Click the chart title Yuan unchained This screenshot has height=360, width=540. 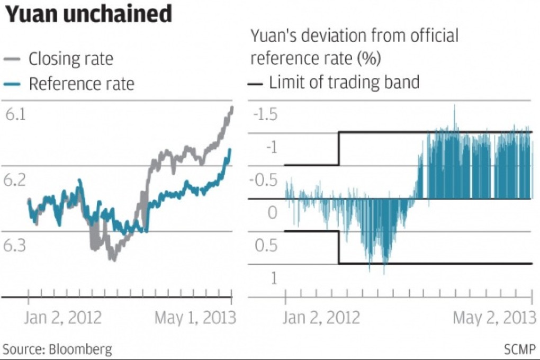89,15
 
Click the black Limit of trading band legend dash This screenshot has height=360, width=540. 256,82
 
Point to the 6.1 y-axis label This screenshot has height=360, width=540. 16,115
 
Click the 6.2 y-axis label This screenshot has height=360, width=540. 16,181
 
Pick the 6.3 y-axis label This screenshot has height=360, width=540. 16,246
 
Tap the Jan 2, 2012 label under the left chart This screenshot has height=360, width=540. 63,318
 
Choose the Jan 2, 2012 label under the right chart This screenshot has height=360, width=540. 321,318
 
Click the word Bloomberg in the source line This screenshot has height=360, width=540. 80,349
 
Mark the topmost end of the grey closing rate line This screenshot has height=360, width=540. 232,107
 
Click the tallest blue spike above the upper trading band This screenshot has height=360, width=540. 454,106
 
